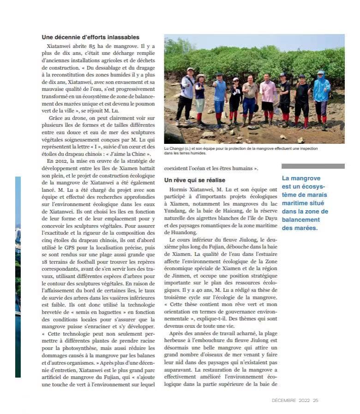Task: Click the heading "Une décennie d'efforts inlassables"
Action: (x=90, y=37)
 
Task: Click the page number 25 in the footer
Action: (x=316, y=400)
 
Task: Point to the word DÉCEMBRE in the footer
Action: (x=284, y=400)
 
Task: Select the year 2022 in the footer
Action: (x=304, y=400)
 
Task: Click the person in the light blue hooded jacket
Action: (x=321, y=97)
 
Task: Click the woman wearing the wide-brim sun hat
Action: (x=200, y=97)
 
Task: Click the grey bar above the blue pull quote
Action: (x=313, y=166)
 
